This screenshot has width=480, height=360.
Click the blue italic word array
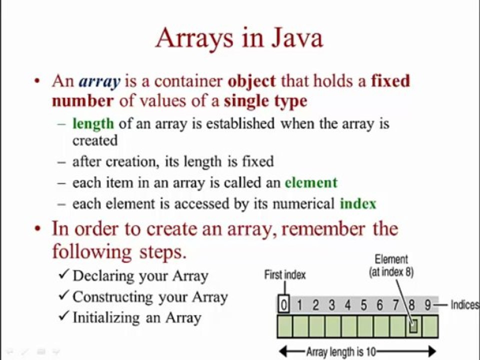(x=99, y=81)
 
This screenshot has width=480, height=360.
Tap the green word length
(x=93, y=123)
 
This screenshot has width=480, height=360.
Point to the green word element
(x=311, y=182)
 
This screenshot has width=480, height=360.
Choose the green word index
(x=358, y=203)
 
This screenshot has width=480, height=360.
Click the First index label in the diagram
(x=284, y=274)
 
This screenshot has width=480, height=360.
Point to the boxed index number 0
(x=283, y=305)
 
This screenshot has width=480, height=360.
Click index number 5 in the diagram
(x=363, y=305)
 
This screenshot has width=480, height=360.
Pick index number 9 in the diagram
(x=427, y=305)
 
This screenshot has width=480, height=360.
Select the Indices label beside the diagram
(x=464, y=305)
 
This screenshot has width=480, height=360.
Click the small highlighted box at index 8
(x=413, y=326)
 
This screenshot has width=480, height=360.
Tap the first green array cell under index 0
(x=284, y=326)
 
